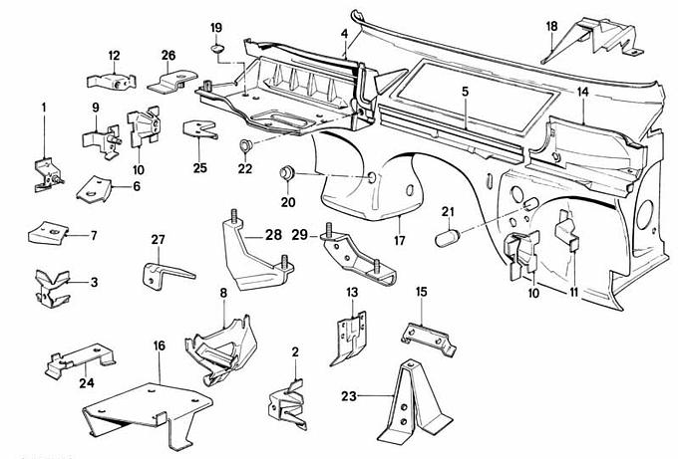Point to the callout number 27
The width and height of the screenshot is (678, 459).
pyautogui.click(x=158, y=238)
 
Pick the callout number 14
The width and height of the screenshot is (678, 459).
pyautogui.click(x=583, y=92)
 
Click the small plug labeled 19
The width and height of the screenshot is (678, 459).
pyautogui.click(x=217, y=47)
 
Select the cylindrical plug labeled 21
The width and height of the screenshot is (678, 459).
pyautogui.click(x=449, y=238)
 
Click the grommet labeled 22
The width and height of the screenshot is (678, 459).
pyautogui.click(x=242, y=148)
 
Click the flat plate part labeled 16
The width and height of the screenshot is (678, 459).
pyautogui.click(x=150, y=408)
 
